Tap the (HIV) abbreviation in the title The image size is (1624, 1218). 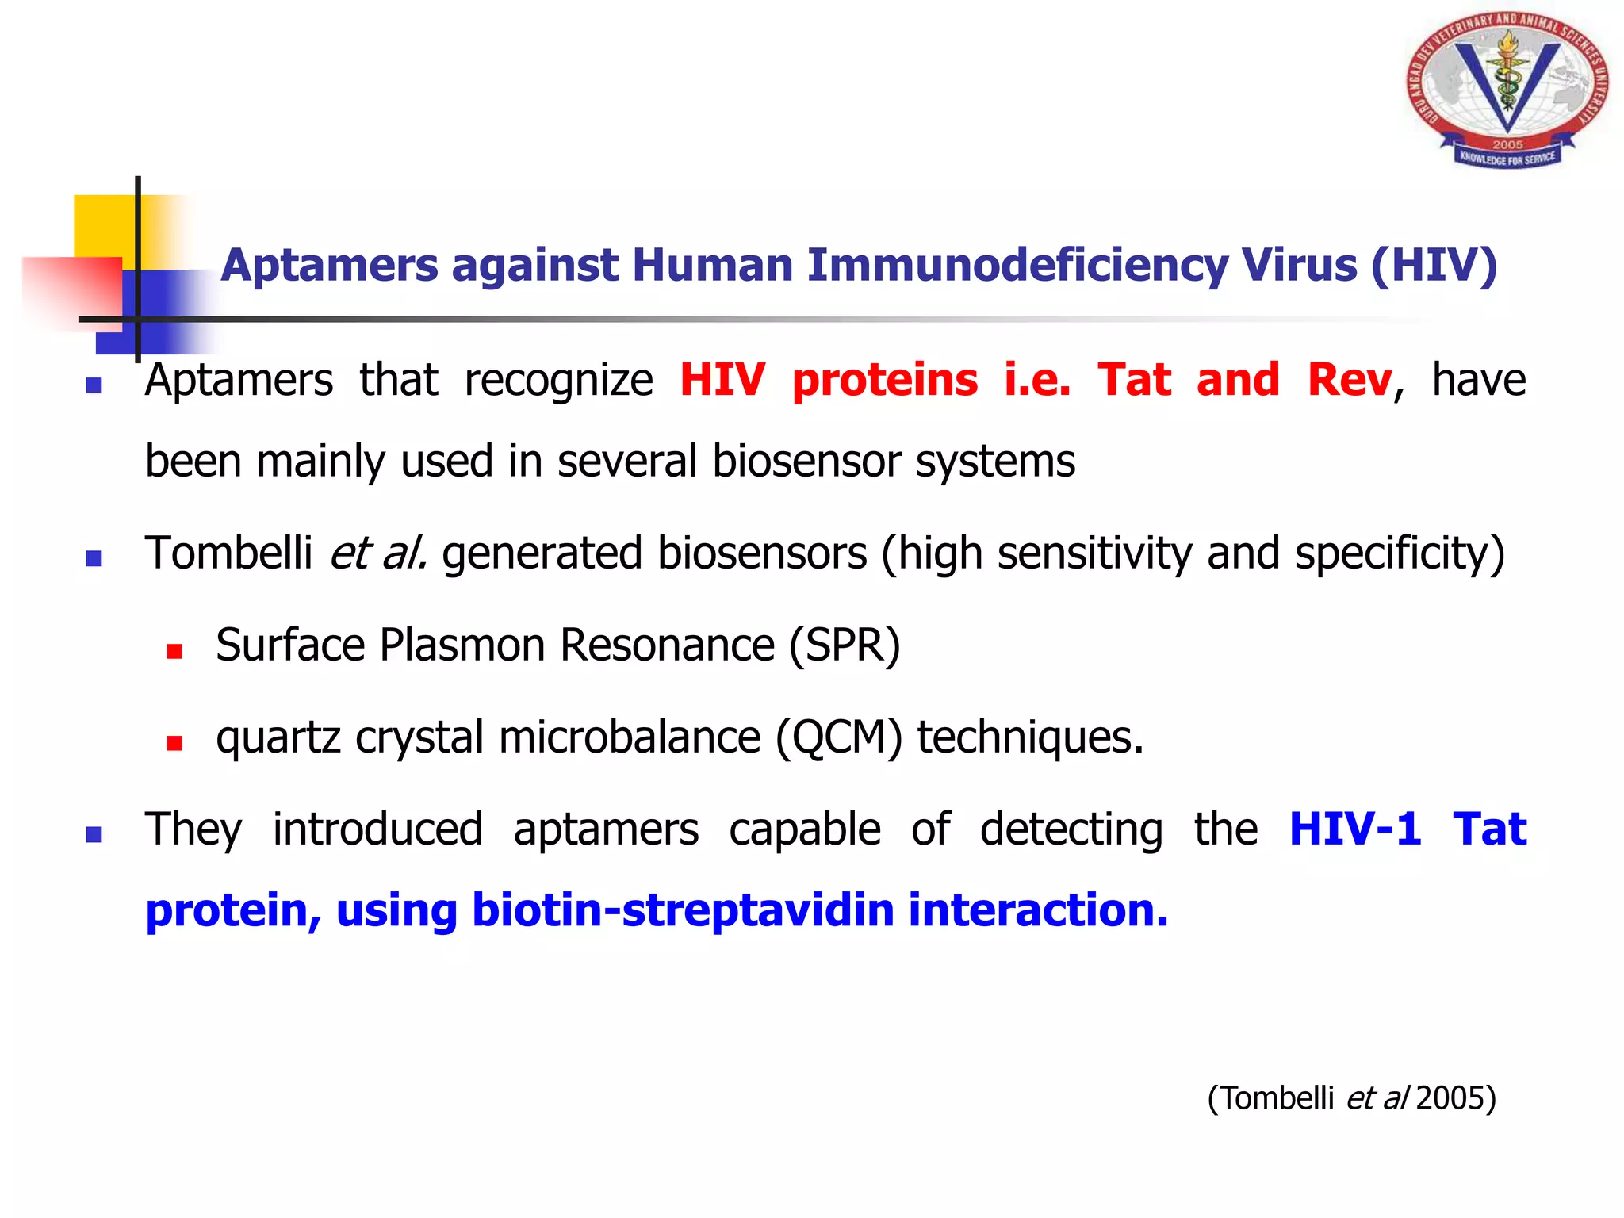[x=1434, y=265]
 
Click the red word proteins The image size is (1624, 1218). [x=885, y=380]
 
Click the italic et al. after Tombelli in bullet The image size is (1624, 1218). [x=378, y=553]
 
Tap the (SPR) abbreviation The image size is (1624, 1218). [x=845, y=645]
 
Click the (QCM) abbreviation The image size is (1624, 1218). [x=839, y=737]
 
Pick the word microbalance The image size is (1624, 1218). [x=630, y=737]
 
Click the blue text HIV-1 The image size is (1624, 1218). [x=1354, y=829]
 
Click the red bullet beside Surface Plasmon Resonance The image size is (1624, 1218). [x=174, y=652]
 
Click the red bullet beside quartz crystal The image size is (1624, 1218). [x=174, y=744]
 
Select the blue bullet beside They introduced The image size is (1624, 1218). [x=94, y=835]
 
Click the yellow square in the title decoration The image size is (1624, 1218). [x=103, y=226]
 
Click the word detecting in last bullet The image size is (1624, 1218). [x=1071, y=829]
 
